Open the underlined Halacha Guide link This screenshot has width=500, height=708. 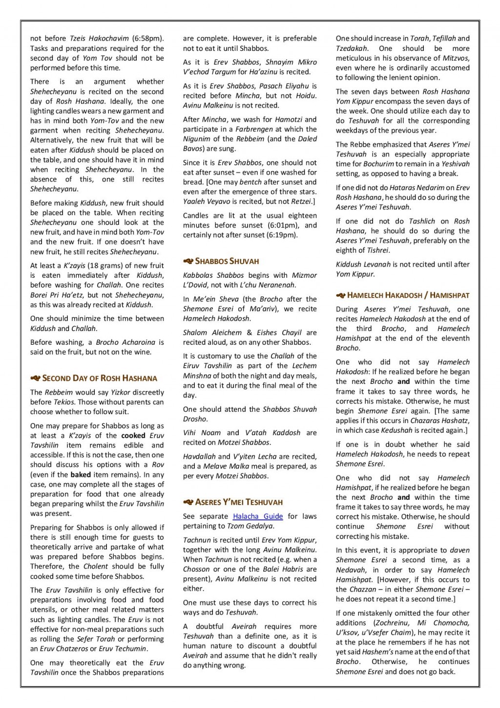[258, 516]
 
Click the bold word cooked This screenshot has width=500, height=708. [133, 436]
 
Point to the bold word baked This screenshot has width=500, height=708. [81, 475]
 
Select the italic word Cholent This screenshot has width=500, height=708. [96, 567]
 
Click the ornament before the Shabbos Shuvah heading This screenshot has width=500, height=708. [188, 261]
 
